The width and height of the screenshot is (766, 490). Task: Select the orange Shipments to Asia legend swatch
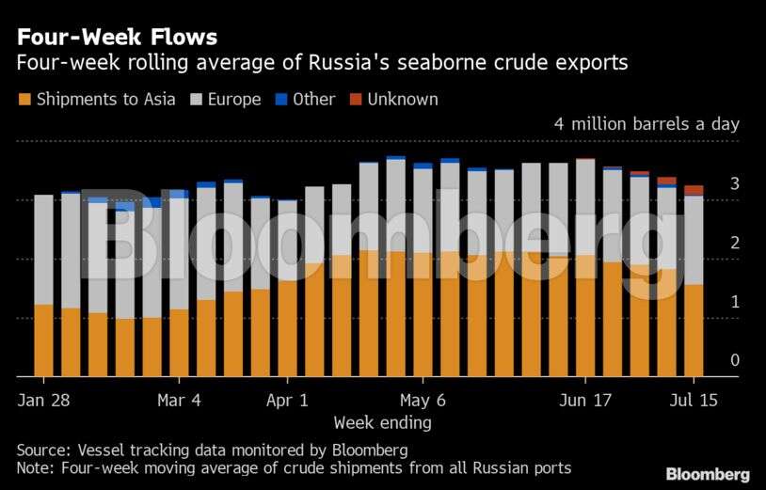coord(24,99)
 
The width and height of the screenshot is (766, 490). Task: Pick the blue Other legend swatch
coord(279,99)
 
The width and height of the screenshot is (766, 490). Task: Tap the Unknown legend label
coord(402,99)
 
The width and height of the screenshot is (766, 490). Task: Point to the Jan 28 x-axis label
coord(43,400)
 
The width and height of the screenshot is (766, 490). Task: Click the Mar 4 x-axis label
coord(179,400)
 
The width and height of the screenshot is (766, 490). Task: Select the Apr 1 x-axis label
coord(287,400)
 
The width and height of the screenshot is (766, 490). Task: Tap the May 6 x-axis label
coord(423,400)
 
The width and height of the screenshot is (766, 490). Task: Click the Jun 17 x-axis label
coord(585,400)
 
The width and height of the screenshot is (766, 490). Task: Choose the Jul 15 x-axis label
coord(694,400)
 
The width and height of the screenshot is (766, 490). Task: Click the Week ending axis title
coord(382,422)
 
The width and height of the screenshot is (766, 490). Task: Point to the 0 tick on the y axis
coord(734,360)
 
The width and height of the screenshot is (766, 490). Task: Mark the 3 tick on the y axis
coord(734,183)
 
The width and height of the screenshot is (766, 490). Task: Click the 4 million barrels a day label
coord(646,124)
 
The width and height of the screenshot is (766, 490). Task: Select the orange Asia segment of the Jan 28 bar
coord(43,340)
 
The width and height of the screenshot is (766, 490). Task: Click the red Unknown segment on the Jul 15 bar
coord(694,190)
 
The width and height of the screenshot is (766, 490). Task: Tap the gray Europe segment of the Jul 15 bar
coord(694,240)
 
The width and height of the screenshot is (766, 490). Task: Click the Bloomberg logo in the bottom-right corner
coord(708,474)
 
